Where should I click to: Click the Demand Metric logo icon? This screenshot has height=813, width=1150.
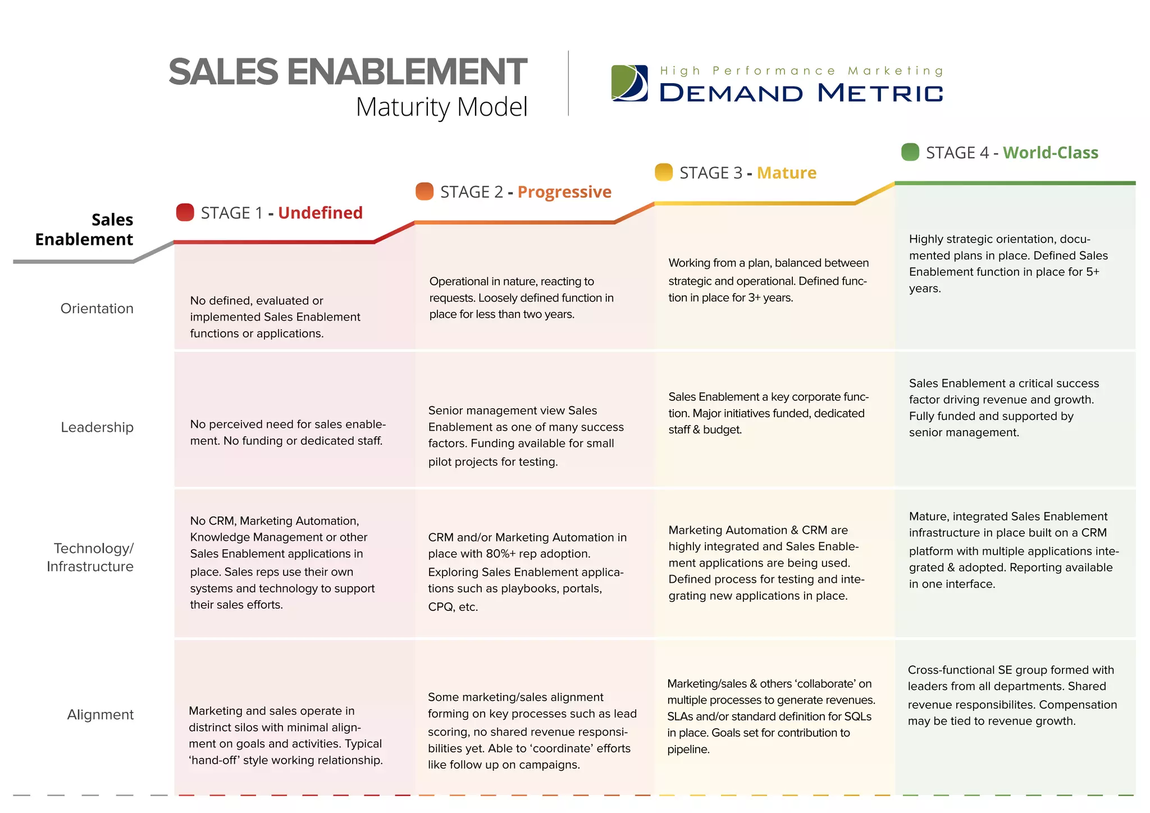629,83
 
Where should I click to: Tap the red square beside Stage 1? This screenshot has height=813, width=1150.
185,212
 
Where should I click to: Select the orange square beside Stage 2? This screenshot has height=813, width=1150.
425,191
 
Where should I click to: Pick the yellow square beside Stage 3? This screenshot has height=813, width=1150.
664,172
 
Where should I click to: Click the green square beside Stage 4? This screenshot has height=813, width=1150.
910,152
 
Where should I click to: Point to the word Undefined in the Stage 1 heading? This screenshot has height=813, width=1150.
320,213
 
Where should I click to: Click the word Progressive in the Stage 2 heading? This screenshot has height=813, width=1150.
564,192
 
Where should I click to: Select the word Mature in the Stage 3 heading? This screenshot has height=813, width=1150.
786,173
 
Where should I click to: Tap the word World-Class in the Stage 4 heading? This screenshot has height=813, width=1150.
1050,153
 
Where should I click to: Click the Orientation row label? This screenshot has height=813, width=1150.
97,308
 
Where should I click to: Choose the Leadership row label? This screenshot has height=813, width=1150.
97,427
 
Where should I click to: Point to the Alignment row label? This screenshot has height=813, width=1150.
101,715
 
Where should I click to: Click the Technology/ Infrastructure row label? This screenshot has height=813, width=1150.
91,557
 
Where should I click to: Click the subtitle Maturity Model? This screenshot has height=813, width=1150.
441,107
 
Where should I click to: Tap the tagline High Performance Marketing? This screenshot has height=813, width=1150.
801,71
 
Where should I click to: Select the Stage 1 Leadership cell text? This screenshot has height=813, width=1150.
287,432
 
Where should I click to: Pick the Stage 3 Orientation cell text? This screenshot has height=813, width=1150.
768,280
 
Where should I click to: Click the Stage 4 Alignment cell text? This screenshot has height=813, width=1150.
1012,695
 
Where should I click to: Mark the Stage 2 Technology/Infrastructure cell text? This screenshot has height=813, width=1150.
527,572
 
